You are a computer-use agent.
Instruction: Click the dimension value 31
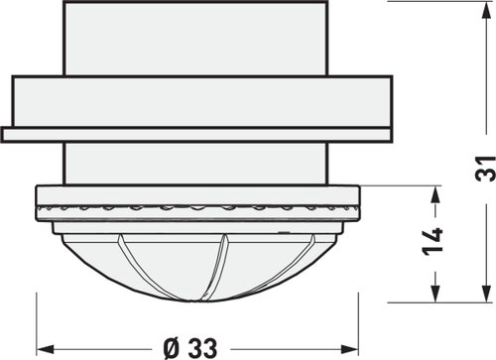click(485, 169)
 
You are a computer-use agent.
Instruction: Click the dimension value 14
click(433, 242)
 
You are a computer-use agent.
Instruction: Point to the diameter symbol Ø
click(173, 348)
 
